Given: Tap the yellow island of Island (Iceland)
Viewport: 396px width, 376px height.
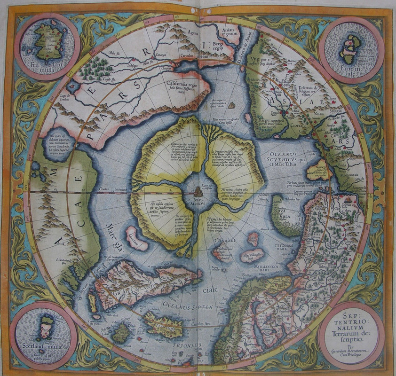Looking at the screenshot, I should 163,326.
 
